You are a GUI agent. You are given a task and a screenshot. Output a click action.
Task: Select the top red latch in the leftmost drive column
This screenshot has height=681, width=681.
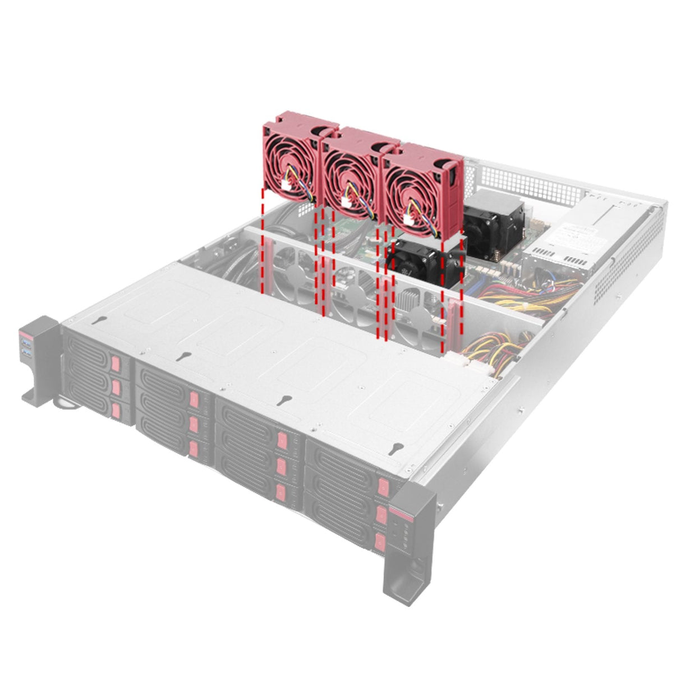point(116,363)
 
